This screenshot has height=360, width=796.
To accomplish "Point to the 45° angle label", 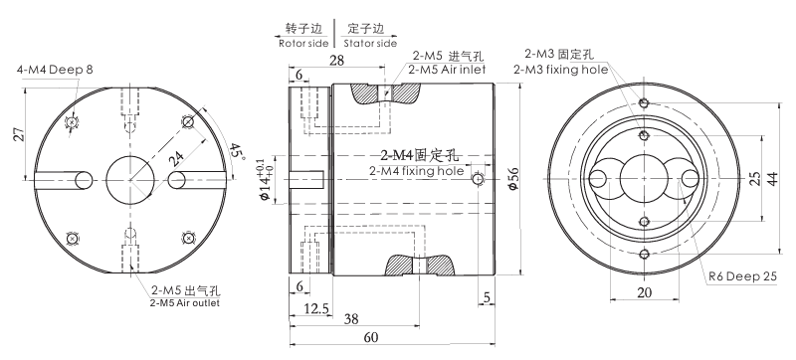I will (236, 151).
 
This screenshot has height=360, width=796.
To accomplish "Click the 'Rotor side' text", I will (302, 43).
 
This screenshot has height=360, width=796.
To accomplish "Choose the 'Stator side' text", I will (369, 43).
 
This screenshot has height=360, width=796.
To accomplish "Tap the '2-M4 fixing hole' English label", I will (416, 170).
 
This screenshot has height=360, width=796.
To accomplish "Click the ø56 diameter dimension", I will (512, 178).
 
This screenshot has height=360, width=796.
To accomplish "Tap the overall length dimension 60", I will (371, 337).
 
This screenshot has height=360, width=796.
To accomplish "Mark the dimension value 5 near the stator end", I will (487, 297).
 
